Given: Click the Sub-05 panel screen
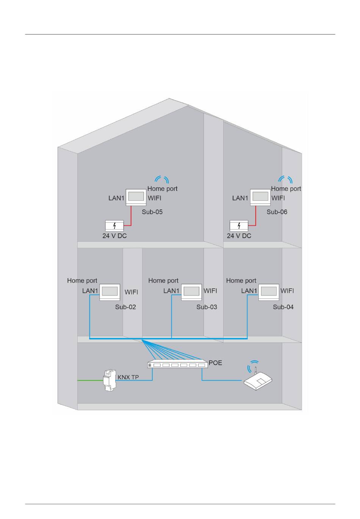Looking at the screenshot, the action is pyautogui.click(x=136, y=196).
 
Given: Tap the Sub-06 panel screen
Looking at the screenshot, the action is pyautogui.click(x=260, y=196).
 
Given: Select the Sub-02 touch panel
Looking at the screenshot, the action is pyautogui.click(x=110, y=292).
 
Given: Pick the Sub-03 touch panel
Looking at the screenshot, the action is pyautogui.click(x=191, y=292).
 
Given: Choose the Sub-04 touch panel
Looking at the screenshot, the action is pyautogui.click(x=269, y=292).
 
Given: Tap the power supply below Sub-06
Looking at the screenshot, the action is pyautogui.click(x=239, y=226).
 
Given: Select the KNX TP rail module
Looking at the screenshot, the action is pyautogui.click(x=109, y=380).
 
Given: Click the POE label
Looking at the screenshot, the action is pyautogui.click(x=215, y=363).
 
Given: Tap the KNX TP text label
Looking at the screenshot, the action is pyautogui.click(x=128, y=377).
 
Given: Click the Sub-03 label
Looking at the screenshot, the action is pyautogui.click(x=207, y=307).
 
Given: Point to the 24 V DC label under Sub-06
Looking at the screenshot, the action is pyautogui.click(x=239, y=236).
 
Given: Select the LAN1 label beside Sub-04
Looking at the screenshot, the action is pyautogui.click(x=249, y=291).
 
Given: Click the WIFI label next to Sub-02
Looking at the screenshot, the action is pyautogui.click(x=131, y=292).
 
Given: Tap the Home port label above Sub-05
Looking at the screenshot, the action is pyautogui.click(x=162, y=189).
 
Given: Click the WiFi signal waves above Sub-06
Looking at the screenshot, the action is pyautogui.click(x=285, y=179).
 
